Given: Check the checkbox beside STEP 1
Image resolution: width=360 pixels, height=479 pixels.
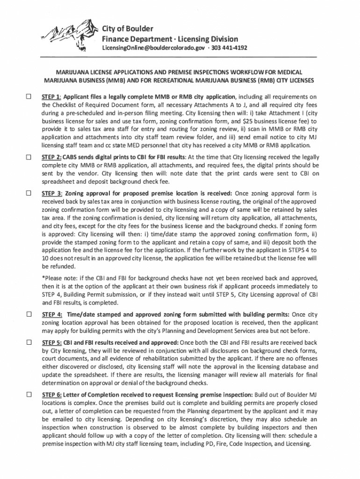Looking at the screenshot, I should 29,97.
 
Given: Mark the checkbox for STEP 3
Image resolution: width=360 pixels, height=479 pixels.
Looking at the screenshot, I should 29,193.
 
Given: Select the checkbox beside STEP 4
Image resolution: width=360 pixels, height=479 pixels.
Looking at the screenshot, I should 29,314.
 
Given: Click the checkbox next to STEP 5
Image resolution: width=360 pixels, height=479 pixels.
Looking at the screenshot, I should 29,342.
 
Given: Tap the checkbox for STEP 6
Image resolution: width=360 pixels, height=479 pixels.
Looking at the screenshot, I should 29,394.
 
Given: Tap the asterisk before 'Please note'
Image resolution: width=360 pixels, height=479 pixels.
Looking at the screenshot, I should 43,278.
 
